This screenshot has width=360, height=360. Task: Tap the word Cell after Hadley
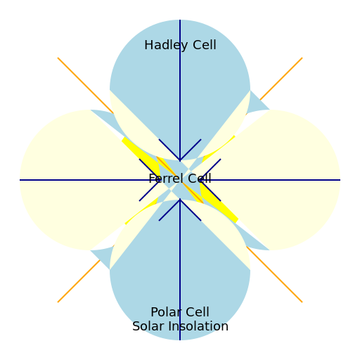pyautogui.click(x=203, y=46)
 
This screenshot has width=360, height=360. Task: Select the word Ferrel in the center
pyautogui.click(x=165, y=179)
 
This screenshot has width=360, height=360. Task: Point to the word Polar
pyautogui.click(x=165, y=312)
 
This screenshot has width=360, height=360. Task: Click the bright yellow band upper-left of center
pyautogui.click(x=141, y=154)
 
